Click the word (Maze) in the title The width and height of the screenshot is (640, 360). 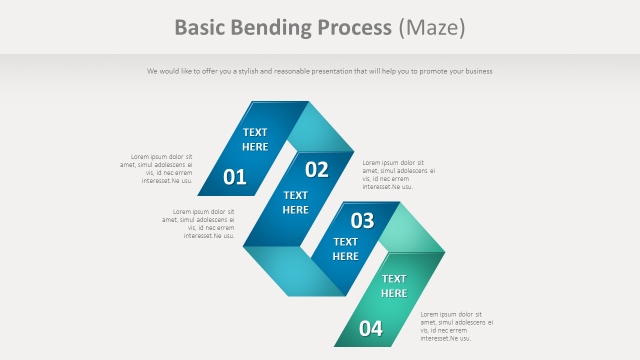(x=432, y=27)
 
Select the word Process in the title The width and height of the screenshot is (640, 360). (x=354, y=27)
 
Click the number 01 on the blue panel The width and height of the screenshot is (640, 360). (x=234, y=177)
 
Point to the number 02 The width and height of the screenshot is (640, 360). (x=316, y=170)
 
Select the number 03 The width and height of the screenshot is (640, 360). (x=362, y=220)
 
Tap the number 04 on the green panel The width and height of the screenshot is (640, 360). (x=370, y=328)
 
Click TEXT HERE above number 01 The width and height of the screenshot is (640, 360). (x=255, y=139)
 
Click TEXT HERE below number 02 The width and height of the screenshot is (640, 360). (x=295, y=202)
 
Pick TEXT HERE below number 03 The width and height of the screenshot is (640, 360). (x=345, y=249)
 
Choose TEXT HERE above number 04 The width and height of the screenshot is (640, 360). (x=394, y=286)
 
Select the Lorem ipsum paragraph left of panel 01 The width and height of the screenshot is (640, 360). (x=156, y=169)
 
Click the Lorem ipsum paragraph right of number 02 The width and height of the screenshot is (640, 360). (x=398, y=174)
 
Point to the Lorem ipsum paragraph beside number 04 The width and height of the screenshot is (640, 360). (x=456, y=326)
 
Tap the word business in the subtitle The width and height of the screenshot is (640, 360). (x=478, y=71)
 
